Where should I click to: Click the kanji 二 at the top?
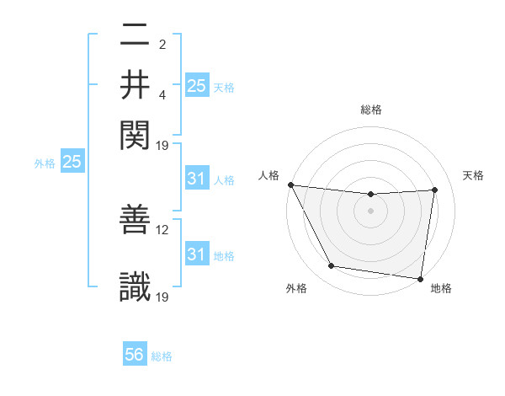point(136,36)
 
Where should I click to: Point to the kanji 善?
point(136,221)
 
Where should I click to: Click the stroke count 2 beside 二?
point(162,44)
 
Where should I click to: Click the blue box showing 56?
point(135,355)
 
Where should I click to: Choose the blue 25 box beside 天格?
point(197,85)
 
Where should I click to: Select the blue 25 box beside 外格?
point(72,162)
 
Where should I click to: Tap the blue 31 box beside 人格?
point(196,179)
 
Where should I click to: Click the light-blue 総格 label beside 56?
point(162,356)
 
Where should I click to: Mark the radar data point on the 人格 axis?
point(290,185)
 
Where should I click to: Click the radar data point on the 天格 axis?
point(435,190)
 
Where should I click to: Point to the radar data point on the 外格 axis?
point(331,266)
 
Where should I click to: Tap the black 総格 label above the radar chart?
point(371,110)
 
